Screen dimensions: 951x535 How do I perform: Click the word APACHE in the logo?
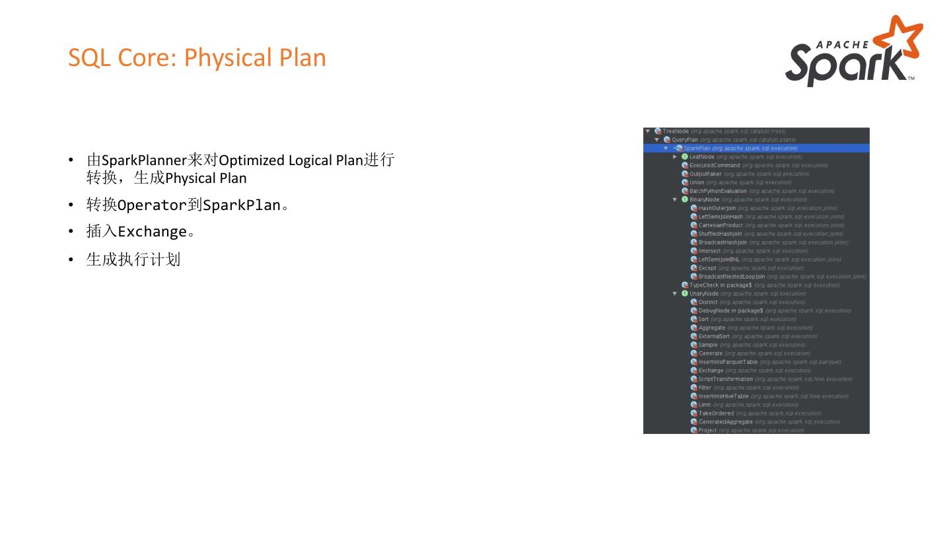[842, 45]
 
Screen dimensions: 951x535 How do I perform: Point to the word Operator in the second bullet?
[152, 205]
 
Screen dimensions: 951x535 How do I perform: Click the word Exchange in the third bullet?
[152, 232]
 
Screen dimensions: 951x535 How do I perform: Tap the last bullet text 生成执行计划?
[133, 260]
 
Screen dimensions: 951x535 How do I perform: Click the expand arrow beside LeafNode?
[675, 157]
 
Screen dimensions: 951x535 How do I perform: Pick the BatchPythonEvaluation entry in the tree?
[718, 191]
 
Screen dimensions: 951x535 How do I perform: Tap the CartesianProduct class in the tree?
[721, 225]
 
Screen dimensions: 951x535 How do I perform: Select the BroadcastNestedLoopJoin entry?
[731, 277]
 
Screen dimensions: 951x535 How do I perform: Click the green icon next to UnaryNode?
[685, 293]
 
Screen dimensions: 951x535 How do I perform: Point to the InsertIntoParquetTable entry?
[728, 362]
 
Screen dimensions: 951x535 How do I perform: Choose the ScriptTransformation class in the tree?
[725, 379]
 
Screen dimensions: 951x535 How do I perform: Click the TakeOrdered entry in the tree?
[716, 413]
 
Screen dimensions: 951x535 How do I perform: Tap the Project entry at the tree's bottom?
[707, 431]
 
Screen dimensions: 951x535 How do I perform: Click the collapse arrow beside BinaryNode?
[675, 199]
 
